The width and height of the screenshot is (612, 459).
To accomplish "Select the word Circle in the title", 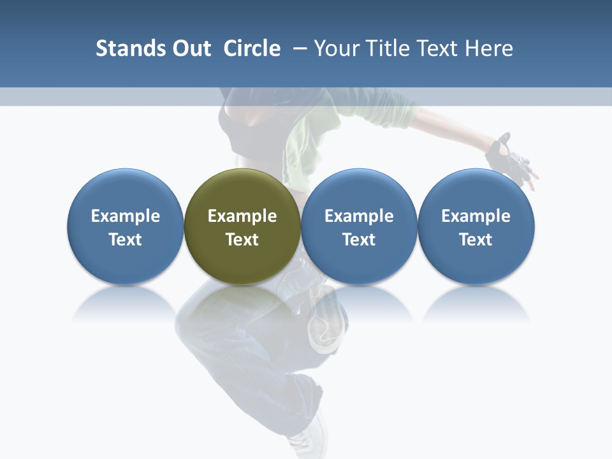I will pyautogui.click(x=252, y=48).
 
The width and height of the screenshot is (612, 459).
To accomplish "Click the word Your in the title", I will pyautogui.click(x=334, y=48).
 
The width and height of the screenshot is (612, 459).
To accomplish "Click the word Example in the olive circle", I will pyautogui.click(x=242, y=216).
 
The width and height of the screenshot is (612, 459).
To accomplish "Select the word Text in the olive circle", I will pyautogui.click(x=242, y=240).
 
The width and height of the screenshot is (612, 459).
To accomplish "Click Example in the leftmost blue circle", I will pyautogui.click(x=126, y=216).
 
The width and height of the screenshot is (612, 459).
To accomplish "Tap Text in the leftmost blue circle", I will pyautogui.click(x=126, y=240).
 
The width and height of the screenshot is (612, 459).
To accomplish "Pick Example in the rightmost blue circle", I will pyautogui.click(x=476, y=216).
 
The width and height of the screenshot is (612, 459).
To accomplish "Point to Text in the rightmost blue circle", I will pyautogui.click(x=476, y=240).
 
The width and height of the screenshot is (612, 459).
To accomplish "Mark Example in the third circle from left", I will pyautogui.click(x=359, y=216).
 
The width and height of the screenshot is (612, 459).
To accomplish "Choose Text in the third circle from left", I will pyautogui.click(x=359, y=240).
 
